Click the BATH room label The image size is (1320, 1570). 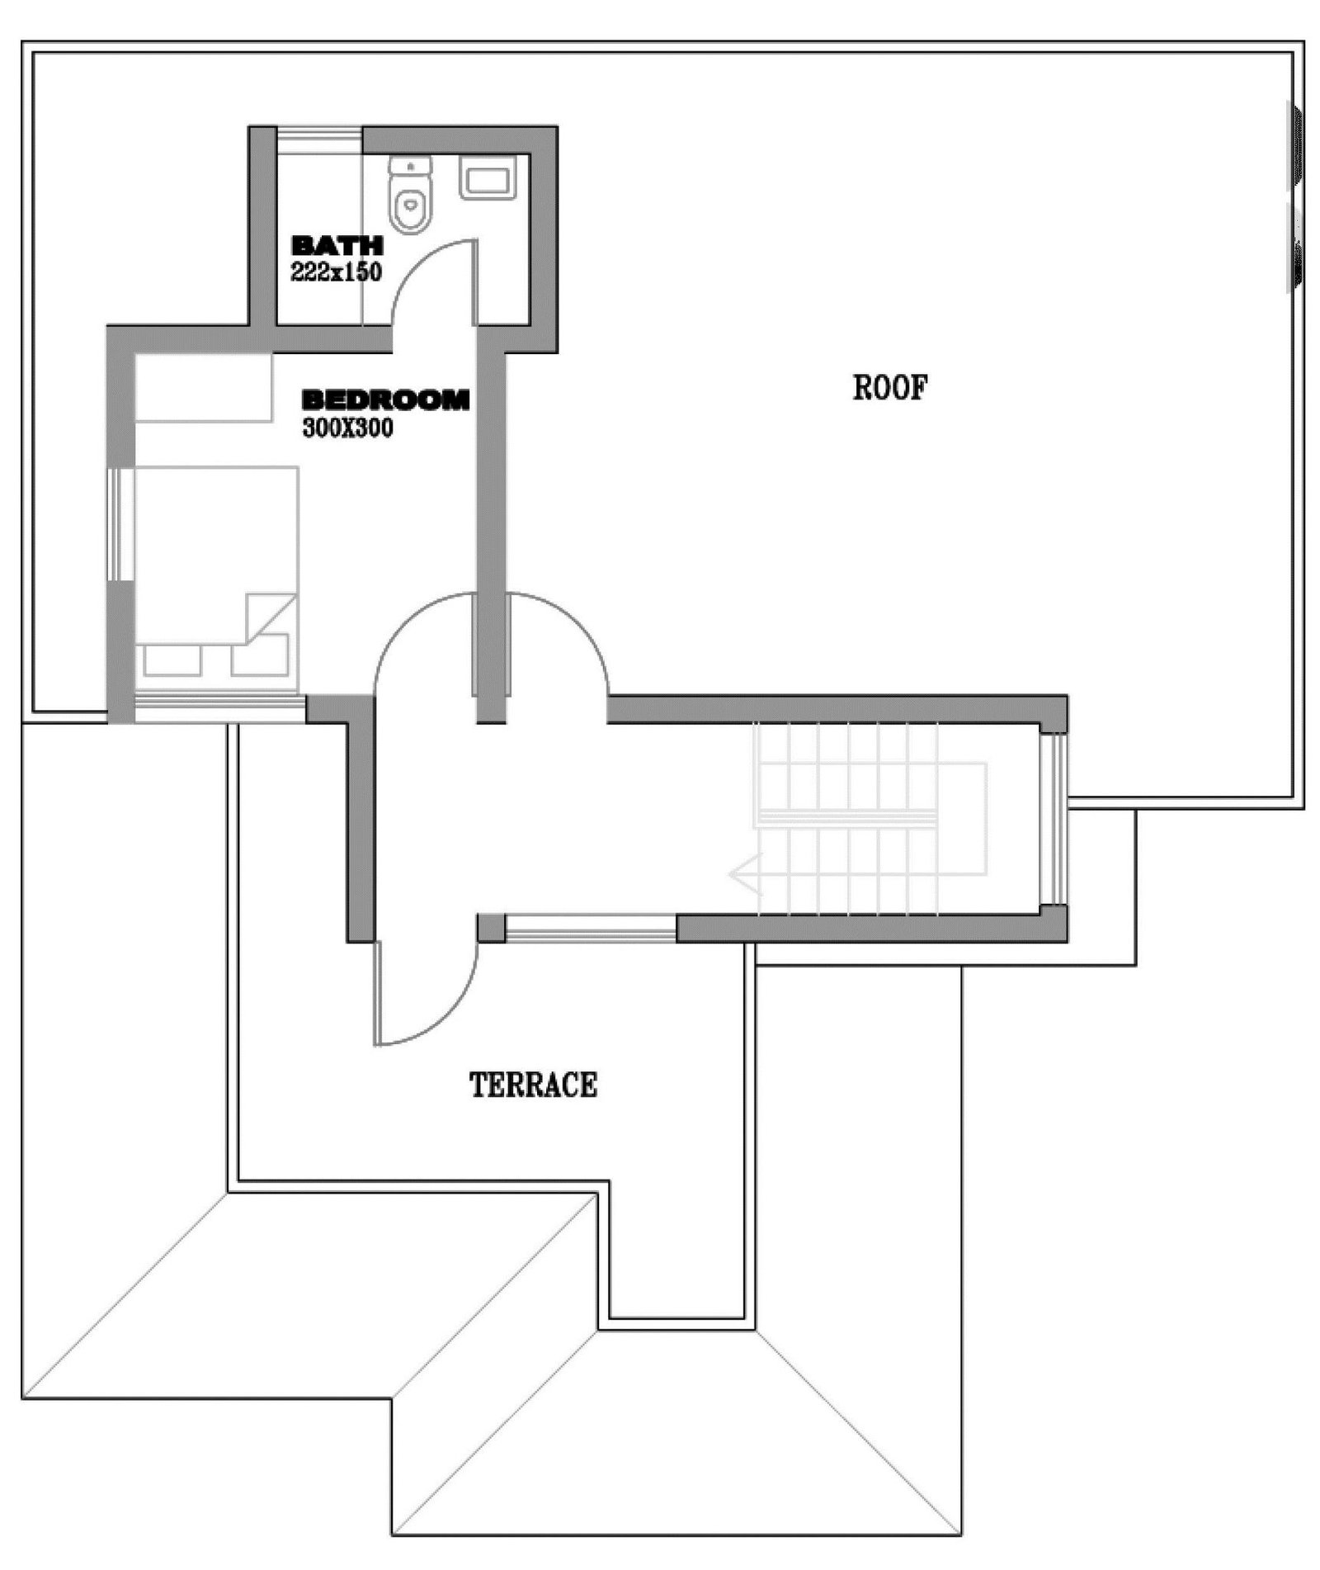tap(337, 245)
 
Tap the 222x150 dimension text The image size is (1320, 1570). tap(336, 272)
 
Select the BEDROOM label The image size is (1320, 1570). tap(386, 400)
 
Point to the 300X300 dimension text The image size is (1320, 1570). tap(347, 428)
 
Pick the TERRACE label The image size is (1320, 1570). tap(533, 1085)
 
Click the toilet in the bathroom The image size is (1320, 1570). tap(410, 195)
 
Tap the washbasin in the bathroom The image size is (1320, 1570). tap(488, 177)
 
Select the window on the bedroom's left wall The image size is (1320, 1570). tap(120, 525)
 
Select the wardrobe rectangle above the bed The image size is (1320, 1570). tap(203, 388)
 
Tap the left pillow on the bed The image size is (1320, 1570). tap(172, 660)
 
